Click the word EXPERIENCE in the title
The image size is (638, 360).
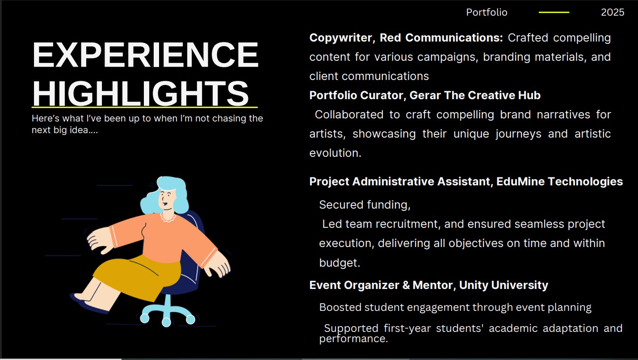click(x=145, y=54)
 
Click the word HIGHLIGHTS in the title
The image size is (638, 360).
click(x=141, y=93)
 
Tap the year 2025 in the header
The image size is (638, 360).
click(x=613, y=12)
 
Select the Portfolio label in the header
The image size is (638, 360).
click(x=487, y=12)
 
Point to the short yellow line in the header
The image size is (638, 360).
click(x=554, y=12)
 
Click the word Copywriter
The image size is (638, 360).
click(x=340, y=38)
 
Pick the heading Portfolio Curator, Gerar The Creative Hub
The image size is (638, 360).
click(x=425, y=96)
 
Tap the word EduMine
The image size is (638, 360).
click(x=520, y=181)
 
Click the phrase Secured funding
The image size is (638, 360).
click(x=364, y=205)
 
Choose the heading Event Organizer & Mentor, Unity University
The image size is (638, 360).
click(x=428, y=285)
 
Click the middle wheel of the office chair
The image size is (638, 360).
click(x=166, y=322)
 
